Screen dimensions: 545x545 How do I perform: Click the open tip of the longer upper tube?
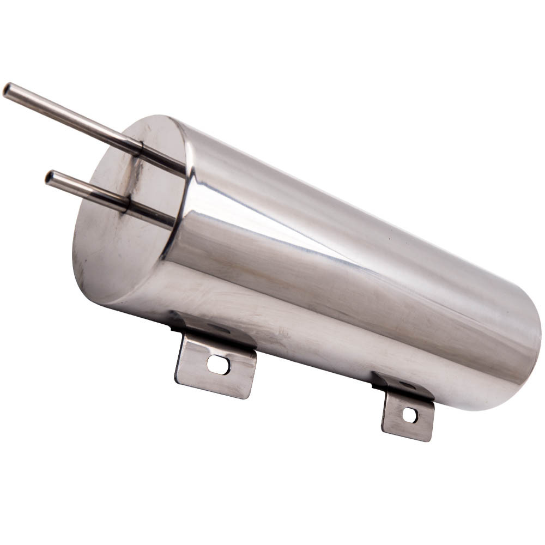(x=8, y=90)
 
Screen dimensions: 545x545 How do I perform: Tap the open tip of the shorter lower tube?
(x=50, y=178)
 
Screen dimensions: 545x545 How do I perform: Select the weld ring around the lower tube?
(x=127, y=204)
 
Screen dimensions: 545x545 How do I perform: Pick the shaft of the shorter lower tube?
(x=87, y=190)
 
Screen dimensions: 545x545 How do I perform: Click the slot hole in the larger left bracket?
(x=219, y=365)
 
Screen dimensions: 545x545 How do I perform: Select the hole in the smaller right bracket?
(x=409, y=415)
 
